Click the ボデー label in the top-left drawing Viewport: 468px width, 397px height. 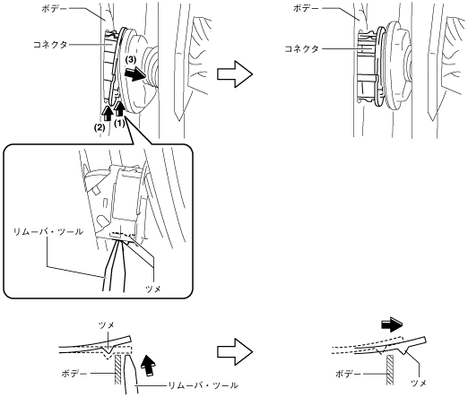(x=55, y=8)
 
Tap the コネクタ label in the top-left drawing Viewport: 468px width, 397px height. (x=50, y=45)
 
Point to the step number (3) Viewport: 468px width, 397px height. (x=131, y=59)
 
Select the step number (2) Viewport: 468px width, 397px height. (x=100, y=127)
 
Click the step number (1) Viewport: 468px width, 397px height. (x=119, y=123)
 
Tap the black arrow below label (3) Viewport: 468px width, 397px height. (x=135, y=73)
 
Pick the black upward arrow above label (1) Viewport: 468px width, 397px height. (x=119, y=108)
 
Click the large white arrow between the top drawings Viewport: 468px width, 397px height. (x=235, y=73)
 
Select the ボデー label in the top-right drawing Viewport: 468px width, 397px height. (x=306, y=8)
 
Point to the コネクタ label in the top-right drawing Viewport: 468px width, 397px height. (x=301, y=48)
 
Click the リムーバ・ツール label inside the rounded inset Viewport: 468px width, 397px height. (x=48, y=231)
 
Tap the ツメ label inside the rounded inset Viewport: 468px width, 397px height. (x=152, y=289)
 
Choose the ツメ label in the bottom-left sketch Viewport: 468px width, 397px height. (x=107, y=325)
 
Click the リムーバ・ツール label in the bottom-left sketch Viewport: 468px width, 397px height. (x=204, y=385)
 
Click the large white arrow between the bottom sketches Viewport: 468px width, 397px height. (x=235, y=351)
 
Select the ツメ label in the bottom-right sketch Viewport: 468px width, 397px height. (x=419, y=383)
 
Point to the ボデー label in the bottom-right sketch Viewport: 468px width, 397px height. (x=348, y=374)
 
